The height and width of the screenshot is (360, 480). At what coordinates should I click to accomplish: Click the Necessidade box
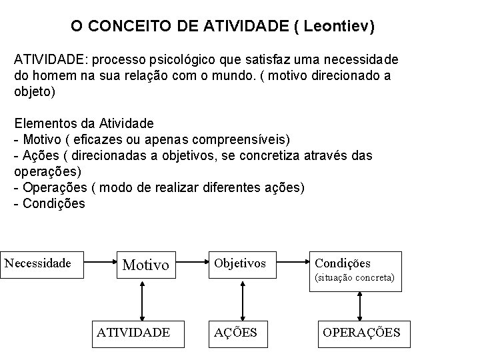point(39,263)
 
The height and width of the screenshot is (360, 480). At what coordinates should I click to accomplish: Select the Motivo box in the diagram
point(146,265)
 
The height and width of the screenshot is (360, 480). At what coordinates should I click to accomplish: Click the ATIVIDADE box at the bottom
point(133,332)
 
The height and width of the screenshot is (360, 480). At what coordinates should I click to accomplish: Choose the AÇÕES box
point(236,332)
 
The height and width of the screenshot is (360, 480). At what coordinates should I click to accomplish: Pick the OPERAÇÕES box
point(361,332)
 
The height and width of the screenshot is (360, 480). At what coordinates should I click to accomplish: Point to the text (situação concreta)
point(355,277)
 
